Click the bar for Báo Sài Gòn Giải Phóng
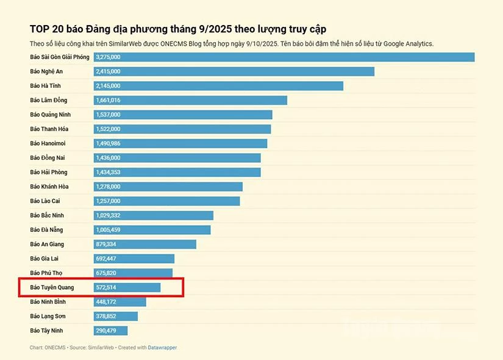[284, 57]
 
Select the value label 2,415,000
[108, 71]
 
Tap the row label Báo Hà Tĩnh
[45, 86]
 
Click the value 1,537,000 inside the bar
[108, 115]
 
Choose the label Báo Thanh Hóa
[49, 129]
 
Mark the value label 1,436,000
[108, 158]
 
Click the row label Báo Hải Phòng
[49, 172]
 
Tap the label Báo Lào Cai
[45, 201]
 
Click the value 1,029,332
[108, 215]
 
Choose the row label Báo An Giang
[47, 244]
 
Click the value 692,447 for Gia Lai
[106, 259]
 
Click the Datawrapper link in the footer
[162, 348]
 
